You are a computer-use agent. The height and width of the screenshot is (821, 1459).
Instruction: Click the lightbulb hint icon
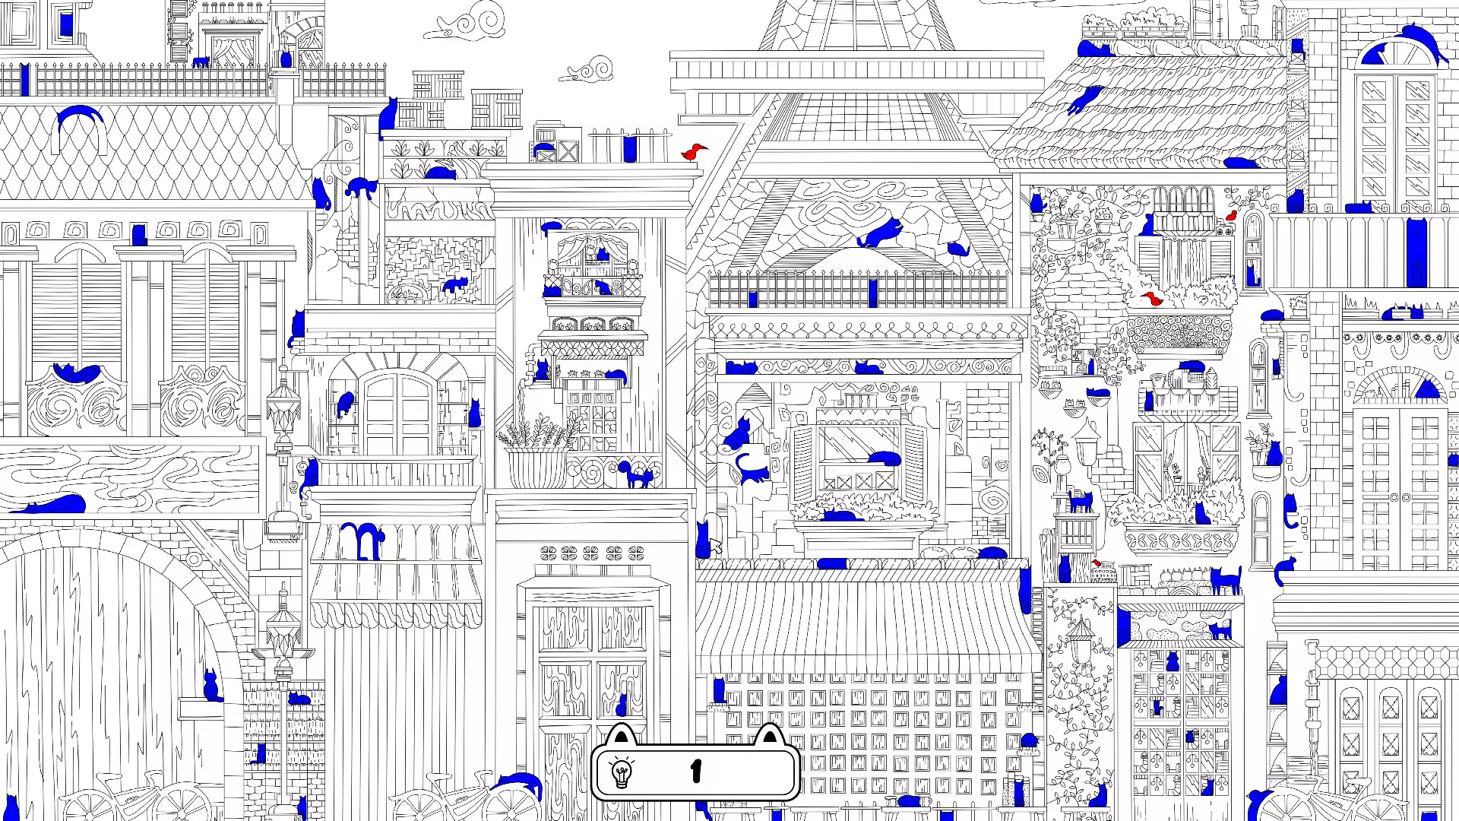click(622, 773)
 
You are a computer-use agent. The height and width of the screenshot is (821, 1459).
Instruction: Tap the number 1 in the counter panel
click(696, 772)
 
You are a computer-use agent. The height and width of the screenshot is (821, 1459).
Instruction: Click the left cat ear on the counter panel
click(622, 735)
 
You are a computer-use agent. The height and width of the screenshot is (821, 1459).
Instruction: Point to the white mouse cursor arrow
click(715, 547)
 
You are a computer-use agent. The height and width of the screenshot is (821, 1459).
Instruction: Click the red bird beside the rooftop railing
click(693, 151)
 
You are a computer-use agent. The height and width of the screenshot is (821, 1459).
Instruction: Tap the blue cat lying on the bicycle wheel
click(521, 784)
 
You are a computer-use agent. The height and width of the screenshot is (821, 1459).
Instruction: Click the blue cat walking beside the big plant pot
click(637, 475)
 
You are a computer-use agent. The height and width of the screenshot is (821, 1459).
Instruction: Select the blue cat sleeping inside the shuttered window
click(883, 458)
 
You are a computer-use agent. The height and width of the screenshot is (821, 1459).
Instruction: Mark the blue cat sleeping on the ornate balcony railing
click(75, 372)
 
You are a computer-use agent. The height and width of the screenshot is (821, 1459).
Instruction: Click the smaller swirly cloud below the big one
click(588, 70)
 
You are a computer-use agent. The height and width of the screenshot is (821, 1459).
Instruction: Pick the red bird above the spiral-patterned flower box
click(1154, 299)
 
